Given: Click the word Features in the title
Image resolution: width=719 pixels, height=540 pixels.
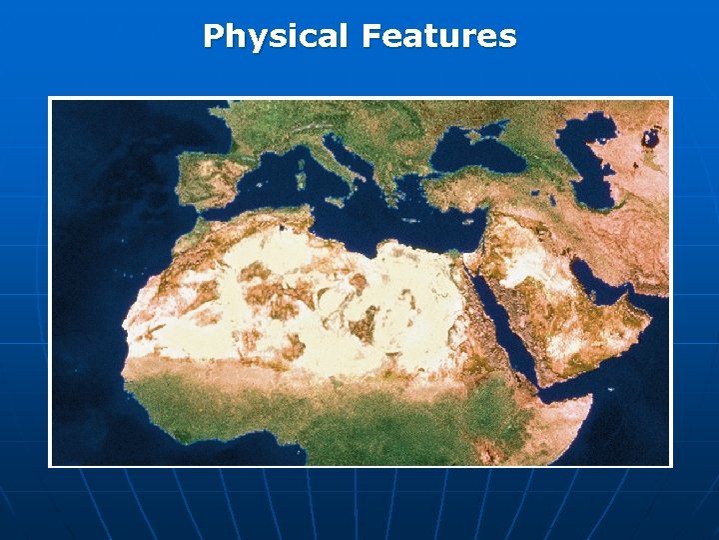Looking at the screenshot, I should point(439,37).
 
